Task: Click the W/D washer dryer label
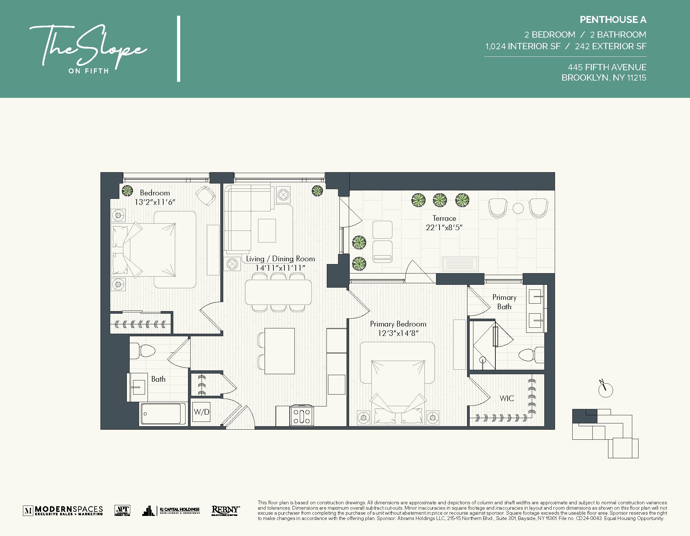(202, 412)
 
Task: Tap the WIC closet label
(506, 398)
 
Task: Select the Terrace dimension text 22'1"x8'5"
(444, 227)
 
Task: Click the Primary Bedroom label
(398, 324)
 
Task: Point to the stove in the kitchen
(302, 416)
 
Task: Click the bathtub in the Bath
(163, 414)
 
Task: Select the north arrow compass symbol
(605, 389)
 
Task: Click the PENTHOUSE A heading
(612, 19)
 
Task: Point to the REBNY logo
(225, 510)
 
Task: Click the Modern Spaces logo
(63, 510)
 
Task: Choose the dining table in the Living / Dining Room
(278, 292)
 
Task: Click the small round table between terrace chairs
(518, 208)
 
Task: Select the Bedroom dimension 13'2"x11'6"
(155, 202)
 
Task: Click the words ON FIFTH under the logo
(89, 71)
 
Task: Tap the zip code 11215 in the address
(636, 78)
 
